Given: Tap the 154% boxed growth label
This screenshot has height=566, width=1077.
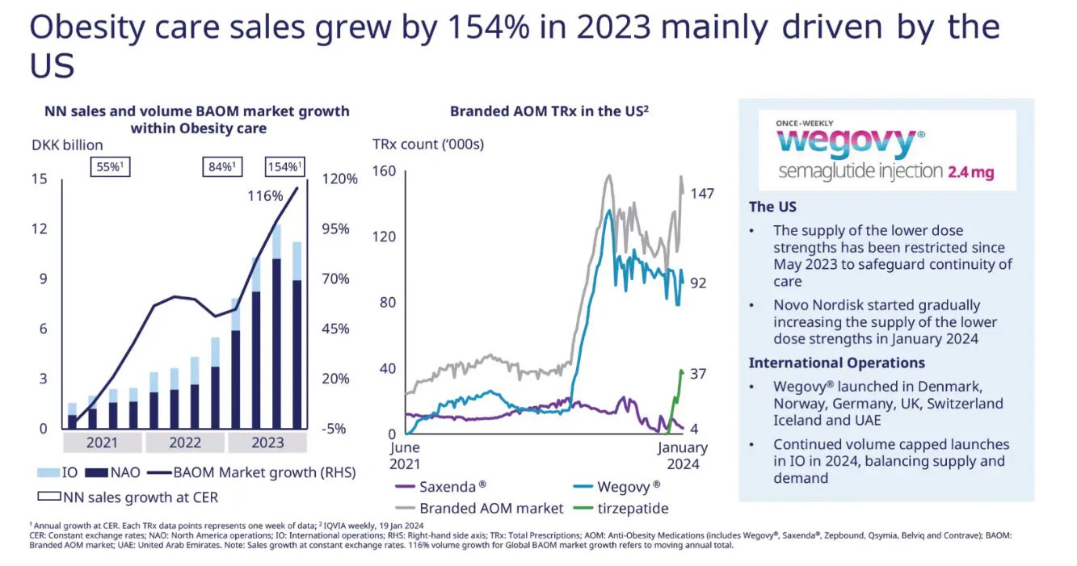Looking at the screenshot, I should click(284, 166).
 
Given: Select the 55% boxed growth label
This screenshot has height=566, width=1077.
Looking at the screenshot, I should click(110, 166).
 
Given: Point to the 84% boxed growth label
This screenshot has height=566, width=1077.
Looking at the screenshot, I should click(222, 166).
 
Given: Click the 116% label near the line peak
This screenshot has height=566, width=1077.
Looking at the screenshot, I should click(265, 196).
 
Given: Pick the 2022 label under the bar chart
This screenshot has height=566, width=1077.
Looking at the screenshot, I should click(185, 442).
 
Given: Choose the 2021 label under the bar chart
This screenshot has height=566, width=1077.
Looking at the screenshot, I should click(102, 442).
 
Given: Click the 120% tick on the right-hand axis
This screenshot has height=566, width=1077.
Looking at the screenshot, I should click(340, 179).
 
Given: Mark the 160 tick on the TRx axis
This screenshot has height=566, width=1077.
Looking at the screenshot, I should click(385, 171).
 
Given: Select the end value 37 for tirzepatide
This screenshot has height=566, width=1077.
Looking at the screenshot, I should click(697, 374).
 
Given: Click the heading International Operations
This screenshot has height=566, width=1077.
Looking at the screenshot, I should click(836, 363).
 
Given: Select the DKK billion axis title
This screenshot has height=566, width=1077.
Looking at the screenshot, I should click(67, 145).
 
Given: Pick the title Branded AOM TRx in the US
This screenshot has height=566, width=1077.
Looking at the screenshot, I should click(549, 111).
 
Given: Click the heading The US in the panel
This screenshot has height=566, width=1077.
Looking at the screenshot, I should click(772, 207).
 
